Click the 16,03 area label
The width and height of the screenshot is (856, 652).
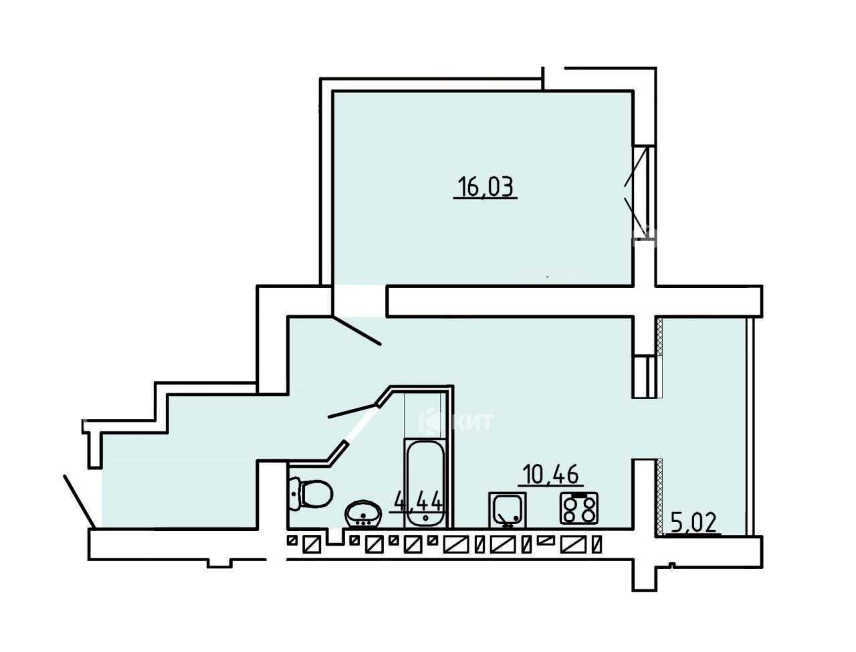tap(486, 187)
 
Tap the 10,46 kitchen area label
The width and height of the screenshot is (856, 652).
tap(550, 475)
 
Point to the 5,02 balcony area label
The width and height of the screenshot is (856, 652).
tap(694, 523)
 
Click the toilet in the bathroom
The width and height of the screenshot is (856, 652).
tap(311, 493)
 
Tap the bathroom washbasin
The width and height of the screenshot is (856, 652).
tap(363, 514)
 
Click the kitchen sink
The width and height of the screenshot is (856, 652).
tap(508, 509)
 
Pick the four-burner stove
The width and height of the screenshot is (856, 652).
tap(578, 508)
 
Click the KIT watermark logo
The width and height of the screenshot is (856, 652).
tap(456, 422)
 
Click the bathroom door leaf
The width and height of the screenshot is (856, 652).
tap(354, 411)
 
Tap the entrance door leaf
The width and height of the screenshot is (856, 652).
tap(79, 501)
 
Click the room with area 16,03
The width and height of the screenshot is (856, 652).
tap(482, 187)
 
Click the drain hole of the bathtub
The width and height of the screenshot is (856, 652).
tap(425, 517)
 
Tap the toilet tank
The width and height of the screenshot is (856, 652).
tap(295, 493)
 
